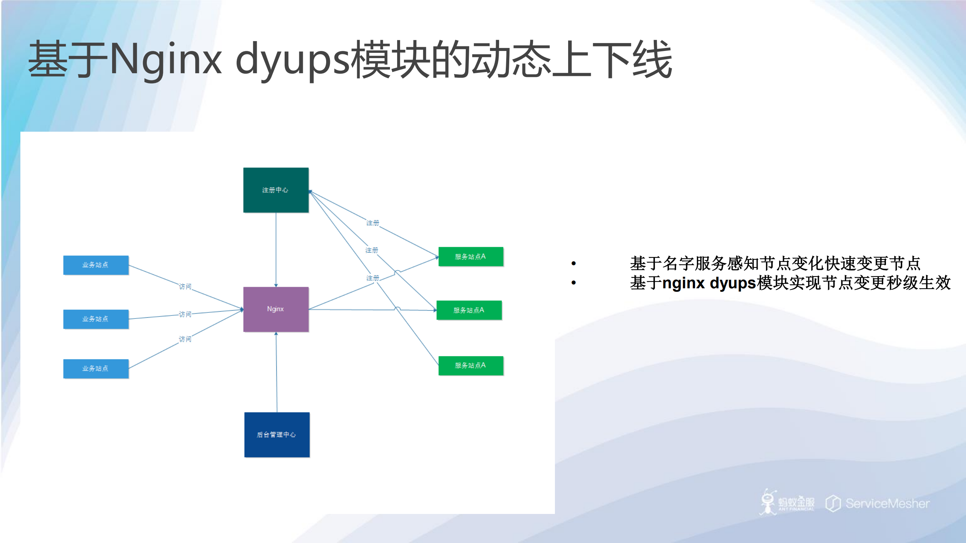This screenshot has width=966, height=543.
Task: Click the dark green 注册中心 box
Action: click(x=276, y=190)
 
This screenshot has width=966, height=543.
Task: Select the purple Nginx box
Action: click(x=276, y=309)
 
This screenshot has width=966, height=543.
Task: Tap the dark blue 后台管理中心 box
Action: click(x=277, y=434)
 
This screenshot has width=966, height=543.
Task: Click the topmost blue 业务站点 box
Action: click(x=96, y=265)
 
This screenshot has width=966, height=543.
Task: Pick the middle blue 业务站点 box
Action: click(x=96, y=319)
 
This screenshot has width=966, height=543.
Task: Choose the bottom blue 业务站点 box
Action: click(x=96, y=368)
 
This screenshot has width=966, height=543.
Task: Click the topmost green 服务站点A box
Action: click(x=470, y=257)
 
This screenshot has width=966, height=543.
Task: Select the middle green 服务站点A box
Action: click(x=469, y=310)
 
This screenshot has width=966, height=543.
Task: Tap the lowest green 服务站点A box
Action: click(x=470, y=365)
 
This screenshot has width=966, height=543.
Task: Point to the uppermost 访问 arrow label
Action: click(x=185, y=287)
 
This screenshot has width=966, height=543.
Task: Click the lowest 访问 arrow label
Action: click(x=185, y=339)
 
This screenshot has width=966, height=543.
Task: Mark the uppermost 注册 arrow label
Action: click(x=372, y=223)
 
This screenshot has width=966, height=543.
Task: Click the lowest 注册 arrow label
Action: click(x=372, y=278)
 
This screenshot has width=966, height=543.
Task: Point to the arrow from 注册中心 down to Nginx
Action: click(x=276, y=249)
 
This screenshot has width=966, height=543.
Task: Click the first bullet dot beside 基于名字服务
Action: click(x=573, y=263)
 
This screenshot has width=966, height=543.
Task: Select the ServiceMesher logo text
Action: click(x=887, y=503)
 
